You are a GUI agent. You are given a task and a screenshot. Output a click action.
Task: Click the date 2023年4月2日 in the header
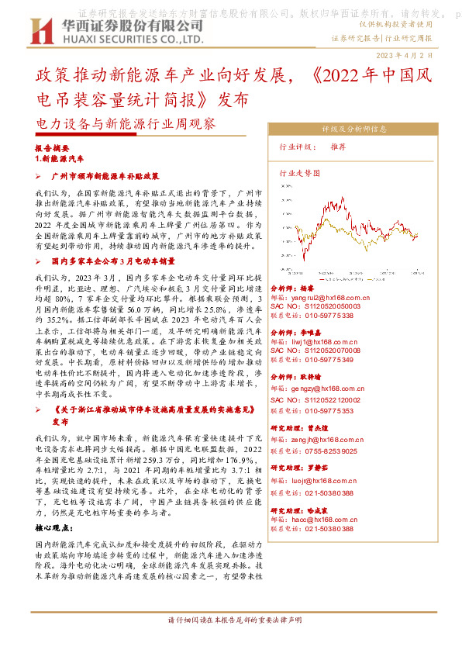415,57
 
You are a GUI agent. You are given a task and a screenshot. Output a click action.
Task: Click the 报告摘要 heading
53,147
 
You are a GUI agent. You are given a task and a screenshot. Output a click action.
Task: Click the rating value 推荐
338,147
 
